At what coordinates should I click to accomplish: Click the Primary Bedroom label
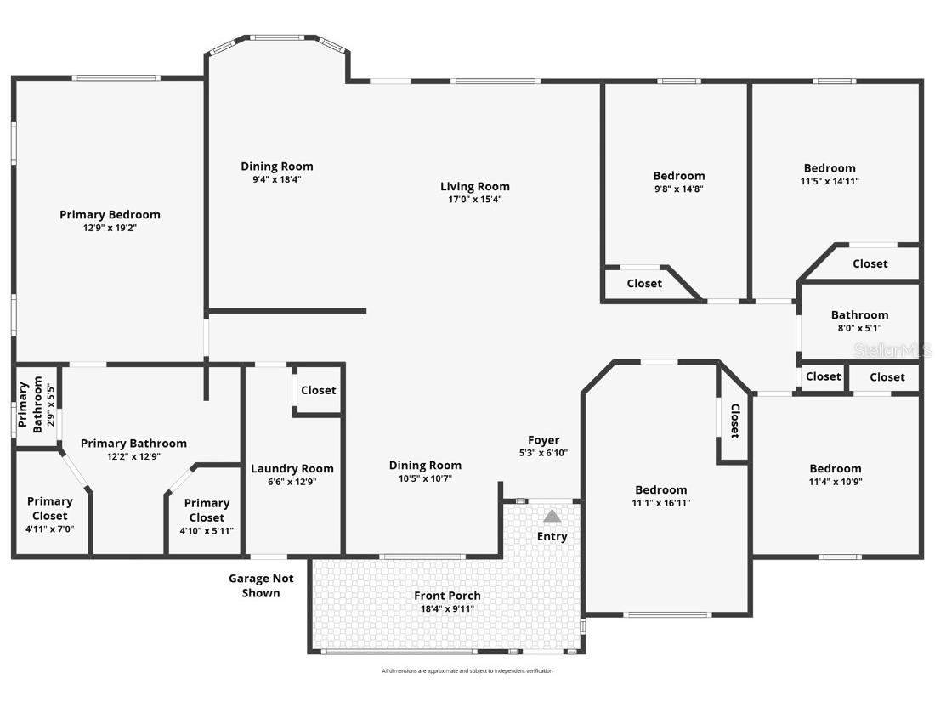[110, 215]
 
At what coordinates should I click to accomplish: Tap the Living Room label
[474, 187]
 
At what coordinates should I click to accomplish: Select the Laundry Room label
[292, 469]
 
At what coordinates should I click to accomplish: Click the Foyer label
[543, 440]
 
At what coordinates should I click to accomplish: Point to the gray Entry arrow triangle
[552, 516]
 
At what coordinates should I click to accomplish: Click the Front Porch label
[447, 596]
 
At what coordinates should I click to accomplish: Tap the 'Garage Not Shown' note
[261, 585]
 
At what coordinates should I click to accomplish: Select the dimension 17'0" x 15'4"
[474, 200]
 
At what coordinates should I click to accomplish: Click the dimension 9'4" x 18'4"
[276, 179]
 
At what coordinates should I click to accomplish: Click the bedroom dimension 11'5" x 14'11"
[830, 181]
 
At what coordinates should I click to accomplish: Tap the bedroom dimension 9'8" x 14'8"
[678, 189]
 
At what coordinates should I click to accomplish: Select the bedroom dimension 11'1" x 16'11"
[660, 503]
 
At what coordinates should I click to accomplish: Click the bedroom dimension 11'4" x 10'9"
[835, 482]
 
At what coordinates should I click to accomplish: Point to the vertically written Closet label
[734, 421]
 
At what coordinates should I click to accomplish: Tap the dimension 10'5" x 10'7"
[425, 478]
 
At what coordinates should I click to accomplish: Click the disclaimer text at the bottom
[467, 671]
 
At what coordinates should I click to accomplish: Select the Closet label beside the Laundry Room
[318, 390]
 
